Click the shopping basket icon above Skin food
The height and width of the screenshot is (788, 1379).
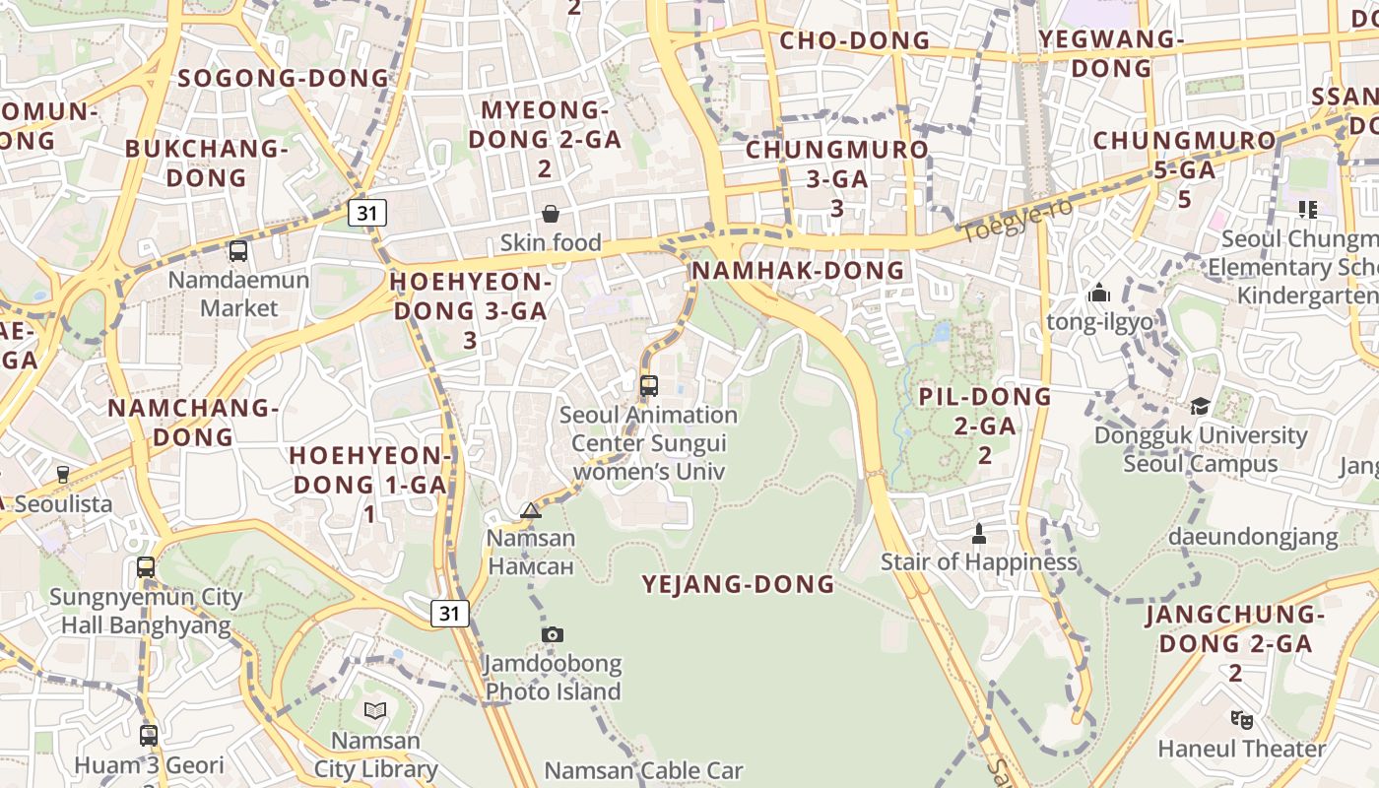point(551,214)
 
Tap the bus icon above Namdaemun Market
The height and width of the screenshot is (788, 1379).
point(238,251)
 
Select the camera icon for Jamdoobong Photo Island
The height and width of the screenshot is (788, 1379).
point(553,634)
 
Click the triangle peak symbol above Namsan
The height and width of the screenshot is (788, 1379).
point(531,510)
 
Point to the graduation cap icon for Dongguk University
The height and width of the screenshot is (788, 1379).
point(1200,406)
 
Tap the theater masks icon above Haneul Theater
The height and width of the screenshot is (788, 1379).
point(1241,720)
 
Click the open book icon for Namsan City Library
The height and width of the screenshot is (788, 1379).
point(374,710)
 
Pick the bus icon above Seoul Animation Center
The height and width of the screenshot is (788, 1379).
point(648,386)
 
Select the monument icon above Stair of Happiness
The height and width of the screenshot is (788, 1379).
point(978,534)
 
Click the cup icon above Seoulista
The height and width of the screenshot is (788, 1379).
point(63,475)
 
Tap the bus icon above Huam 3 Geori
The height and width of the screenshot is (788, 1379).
point(149,735)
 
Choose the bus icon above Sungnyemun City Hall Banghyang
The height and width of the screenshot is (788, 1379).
point(146,567)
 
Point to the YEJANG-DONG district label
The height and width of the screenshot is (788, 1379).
point(738,584)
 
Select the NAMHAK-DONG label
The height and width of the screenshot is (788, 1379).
point(798,270)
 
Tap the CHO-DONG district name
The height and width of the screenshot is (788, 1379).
point(854,40)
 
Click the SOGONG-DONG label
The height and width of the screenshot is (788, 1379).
point(284,78)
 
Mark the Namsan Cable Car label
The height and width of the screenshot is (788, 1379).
point(644,770)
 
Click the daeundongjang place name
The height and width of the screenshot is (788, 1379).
point(1253,537)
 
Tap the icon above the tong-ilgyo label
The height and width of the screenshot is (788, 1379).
point(1099,293)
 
